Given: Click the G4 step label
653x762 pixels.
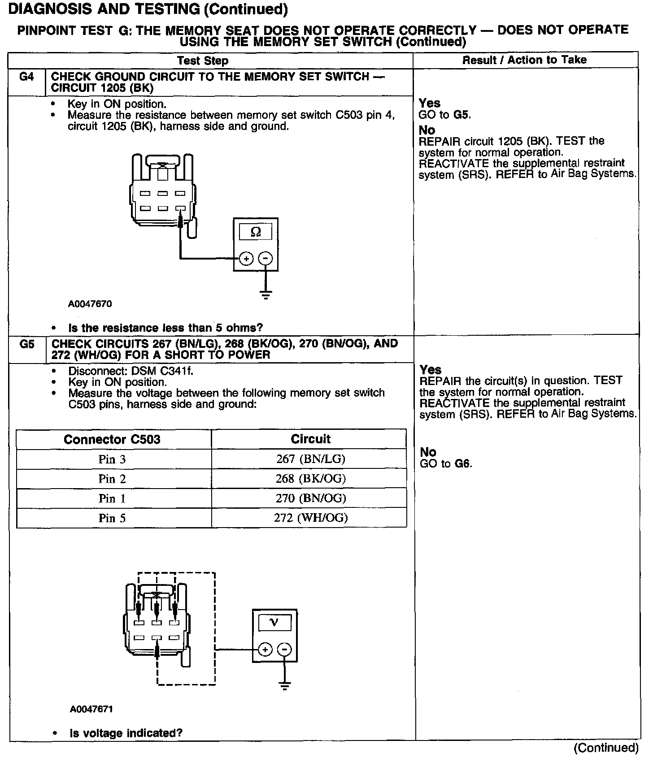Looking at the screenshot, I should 26,77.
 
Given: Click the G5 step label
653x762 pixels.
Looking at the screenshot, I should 27,345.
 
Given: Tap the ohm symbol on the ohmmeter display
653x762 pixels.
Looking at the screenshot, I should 256,232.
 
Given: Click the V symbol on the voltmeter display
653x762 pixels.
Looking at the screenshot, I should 274,622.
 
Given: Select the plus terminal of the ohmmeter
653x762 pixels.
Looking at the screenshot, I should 246,259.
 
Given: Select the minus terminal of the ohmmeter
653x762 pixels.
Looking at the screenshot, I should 266,259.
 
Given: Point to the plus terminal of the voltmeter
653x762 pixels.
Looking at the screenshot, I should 265,649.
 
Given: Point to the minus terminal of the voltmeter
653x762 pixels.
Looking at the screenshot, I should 284,649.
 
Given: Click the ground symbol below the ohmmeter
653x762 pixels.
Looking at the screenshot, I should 266,294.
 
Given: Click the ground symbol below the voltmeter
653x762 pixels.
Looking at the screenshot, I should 284,685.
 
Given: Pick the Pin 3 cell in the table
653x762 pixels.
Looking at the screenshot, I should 112,459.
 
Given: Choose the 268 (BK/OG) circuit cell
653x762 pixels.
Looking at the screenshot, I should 310,479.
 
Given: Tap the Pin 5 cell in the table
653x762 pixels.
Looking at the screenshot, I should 112,518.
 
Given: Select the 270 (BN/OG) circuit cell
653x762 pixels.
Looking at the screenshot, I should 310,498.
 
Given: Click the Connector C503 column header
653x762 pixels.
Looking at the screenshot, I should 112,439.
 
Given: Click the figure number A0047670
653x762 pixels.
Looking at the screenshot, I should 90,304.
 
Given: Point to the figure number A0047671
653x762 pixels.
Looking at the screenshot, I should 91,709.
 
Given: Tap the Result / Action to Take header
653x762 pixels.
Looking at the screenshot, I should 524,60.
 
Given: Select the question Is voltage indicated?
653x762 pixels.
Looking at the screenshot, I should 126,733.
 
